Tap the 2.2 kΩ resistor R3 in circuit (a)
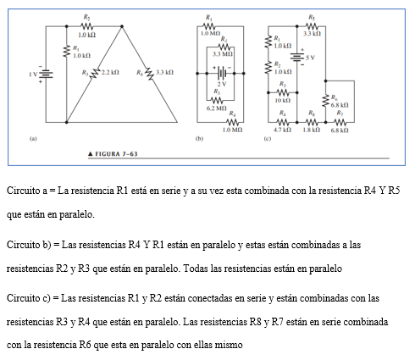(96, 75)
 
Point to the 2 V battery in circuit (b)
(222, 75)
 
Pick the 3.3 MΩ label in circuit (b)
(223, 53)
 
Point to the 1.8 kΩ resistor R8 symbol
(313, 121)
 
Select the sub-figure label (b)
(200, 135)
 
